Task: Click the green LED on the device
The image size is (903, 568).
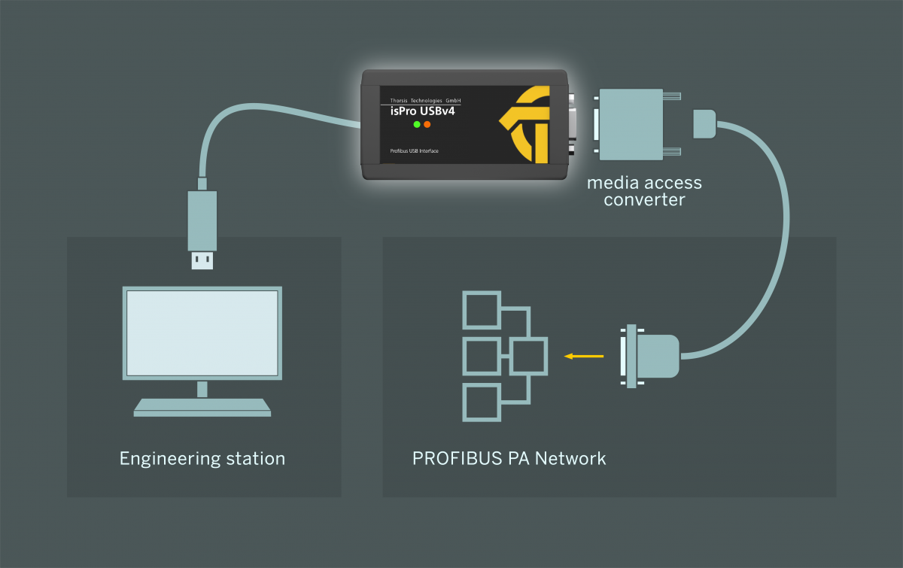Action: [417, 123]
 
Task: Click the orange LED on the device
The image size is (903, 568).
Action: [427, 123]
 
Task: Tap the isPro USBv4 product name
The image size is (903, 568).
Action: [422, 111]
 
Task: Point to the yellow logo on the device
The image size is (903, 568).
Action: [531, 124]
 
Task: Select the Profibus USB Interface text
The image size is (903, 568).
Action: [414, 151]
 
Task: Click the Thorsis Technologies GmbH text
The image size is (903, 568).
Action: [425, 100]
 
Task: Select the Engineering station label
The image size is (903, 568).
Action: [202, 458]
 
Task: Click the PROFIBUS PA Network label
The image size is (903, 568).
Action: [509, 458]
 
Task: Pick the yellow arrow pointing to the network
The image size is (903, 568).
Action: [584, 356]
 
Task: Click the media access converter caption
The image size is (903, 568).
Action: [644, 191]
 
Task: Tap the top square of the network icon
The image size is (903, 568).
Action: [481, 310]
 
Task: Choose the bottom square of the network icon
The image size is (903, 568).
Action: [481, 402]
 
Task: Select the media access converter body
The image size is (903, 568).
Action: [631, 124]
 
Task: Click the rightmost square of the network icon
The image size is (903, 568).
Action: [528, 356]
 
